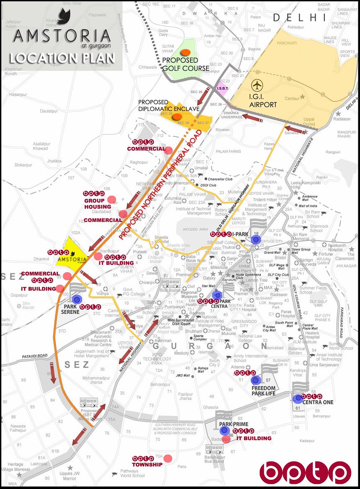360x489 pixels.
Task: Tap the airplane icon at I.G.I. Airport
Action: pos(257,85)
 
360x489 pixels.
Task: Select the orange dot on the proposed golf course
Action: pos(185,52)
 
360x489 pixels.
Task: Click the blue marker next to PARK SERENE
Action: pos(77,299)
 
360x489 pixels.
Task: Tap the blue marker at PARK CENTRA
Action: pos(217,295)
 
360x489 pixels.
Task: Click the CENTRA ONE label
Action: pos(318,402)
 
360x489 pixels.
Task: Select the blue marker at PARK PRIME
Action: pos(225,430)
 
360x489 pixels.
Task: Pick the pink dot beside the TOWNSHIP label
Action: pos(168,458)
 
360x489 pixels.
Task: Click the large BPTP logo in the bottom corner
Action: pos(305,471)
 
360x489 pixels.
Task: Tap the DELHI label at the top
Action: pos(299,18)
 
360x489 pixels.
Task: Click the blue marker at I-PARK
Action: pos(257,239)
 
